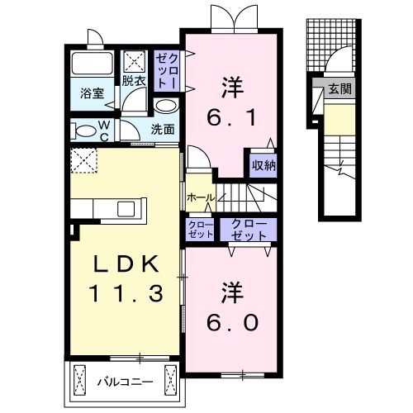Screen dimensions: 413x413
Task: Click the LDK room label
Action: click(x=124, y=263)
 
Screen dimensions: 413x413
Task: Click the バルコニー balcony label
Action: click(x=122, y=382)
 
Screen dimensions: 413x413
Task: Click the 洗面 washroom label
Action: click(x=163, y=129)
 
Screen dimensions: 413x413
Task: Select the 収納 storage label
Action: click(x=263, y=164)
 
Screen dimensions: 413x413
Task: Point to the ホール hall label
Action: click(x=200, y=198)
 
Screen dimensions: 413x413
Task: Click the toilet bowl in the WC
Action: click(x=83, y=131)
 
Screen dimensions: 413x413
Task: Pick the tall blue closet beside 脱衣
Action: click(x=167, y=70)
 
